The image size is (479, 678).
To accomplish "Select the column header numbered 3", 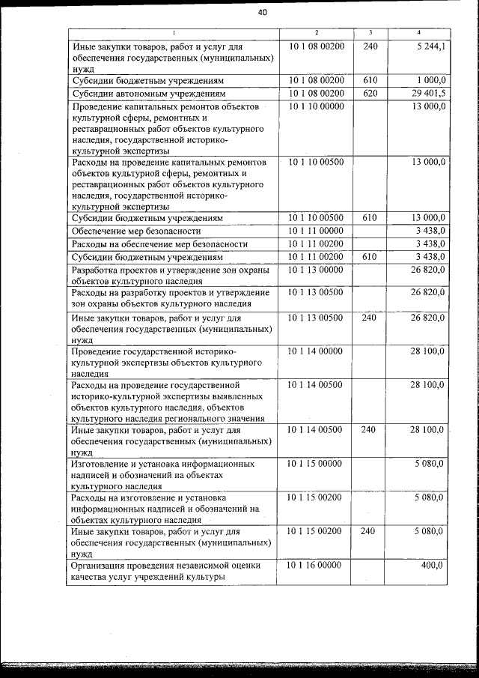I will click(x=370, y=33).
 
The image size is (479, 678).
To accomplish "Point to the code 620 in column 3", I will click(x=370, y=94).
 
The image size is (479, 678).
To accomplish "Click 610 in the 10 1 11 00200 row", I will click(x=370, y=257).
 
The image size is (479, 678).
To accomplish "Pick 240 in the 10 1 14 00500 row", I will click(x=370, y=430).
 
